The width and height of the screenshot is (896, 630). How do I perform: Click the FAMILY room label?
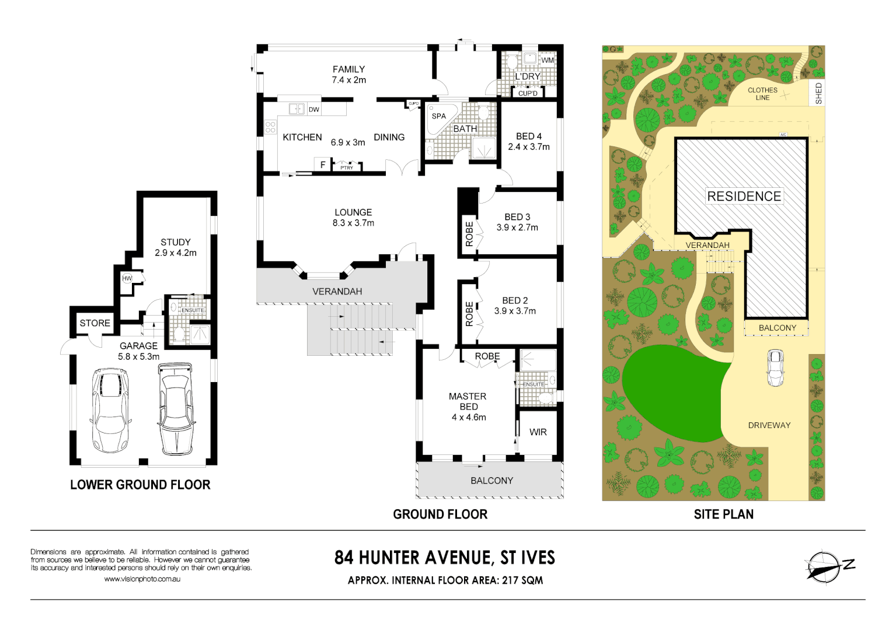pos(348,69)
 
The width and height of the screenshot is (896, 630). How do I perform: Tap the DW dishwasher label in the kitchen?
pos(314,109)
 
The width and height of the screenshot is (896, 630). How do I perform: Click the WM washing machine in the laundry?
pos(547,60)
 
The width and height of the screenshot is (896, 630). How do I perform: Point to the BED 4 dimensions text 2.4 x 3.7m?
pos(529,147)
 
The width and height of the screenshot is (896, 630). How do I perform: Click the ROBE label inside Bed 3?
pos(469,233)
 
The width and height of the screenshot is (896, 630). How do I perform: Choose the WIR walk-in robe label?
pos(538,432)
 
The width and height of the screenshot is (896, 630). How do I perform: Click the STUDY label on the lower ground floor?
pos(176,242)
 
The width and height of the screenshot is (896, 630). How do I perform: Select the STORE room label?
pos(95,323)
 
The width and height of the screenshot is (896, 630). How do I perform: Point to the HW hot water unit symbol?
pos(127,278)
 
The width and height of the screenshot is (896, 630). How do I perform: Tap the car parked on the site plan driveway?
pos(775,367)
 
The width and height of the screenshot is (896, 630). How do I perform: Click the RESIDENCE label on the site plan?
pos(744,197)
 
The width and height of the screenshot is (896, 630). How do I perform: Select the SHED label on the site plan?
pos(818,93)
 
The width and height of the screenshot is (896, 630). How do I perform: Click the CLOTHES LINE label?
pos(762,94)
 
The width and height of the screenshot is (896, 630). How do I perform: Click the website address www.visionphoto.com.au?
pos(142,579)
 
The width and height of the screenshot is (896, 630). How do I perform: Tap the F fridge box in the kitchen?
pos(322,165)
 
